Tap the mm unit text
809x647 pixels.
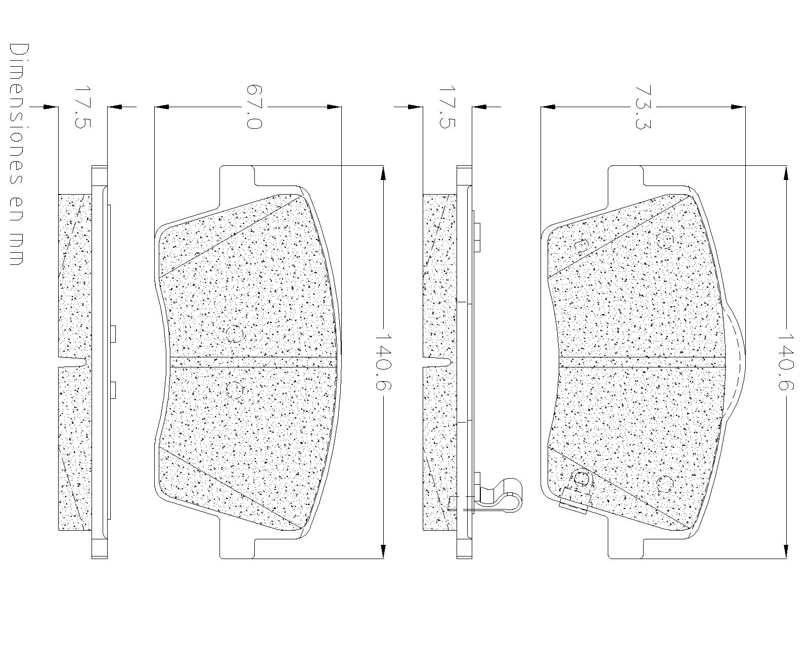click(x=16, y=248)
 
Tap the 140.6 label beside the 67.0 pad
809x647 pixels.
click(x=383, y=361)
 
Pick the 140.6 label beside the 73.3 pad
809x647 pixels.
click(x=785, y=361)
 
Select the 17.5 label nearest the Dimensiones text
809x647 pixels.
click(x=83, y=107)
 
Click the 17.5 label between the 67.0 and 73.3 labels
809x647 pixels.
click(x=447, y=107)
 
